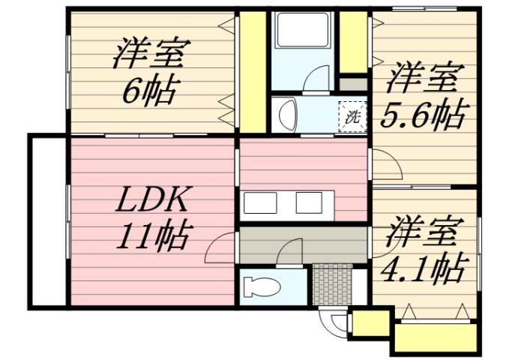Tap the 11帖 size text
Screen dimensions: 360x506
154,237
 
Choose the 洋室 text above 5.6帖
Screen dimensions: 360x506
423,78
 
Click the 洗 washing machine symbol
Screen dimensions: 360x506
352,116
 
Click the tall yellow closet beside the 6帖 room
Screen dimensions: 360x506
253,71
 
